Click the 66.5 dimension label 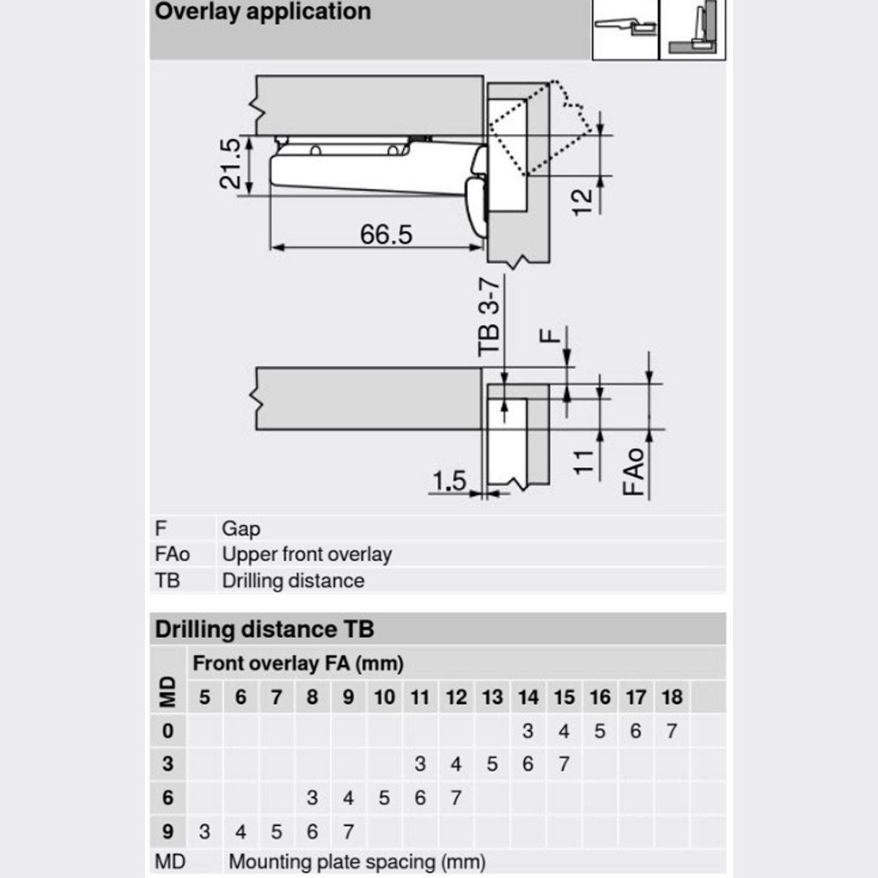(x=386, y=234)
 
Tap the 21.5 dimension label (x=230, y=164)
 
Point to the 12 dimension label (x=582, y=202)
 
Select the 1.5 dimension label (x=449, y=481)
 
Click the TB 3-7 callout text (x=489, y=318)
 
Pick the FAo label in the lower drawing (x=634, y=472)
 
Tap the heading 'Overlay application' (x=263, y=12)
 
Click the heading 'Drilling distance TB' (x=264, y=629)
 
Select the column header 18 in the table (x=672, y=697)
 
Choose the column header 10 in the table (x=384, y=697)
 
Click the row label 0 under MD (x=168, y=731)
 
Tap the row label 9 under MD (x=168, y=831)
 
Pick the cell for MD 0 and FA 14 (x=528, y=731)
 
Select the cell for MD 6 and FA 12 (x=456, y=798)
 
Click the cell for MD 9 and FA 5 (x=205, y=831)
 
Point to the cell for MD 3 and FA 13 (x=492, y=764)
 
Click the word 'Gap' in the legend (x=241, y=529)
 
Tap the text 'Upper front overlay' (x=307, y=555)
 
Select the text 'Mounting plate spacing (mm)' (x=357, y=862)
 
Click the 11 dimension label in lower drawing (x=584, y=462)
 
